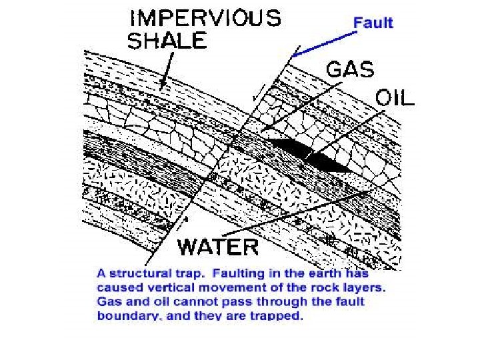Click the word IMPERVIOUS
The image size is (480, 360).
click(x=205, y=18)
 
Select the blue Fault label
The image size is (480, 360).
click(x=373, y=22)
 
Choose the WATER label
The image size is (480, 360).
click(x=217, y=246)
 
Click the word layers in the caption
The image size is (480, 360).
click(x=365, y=288)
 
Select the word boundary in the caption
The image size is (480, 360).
click(x=121, y=317)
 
